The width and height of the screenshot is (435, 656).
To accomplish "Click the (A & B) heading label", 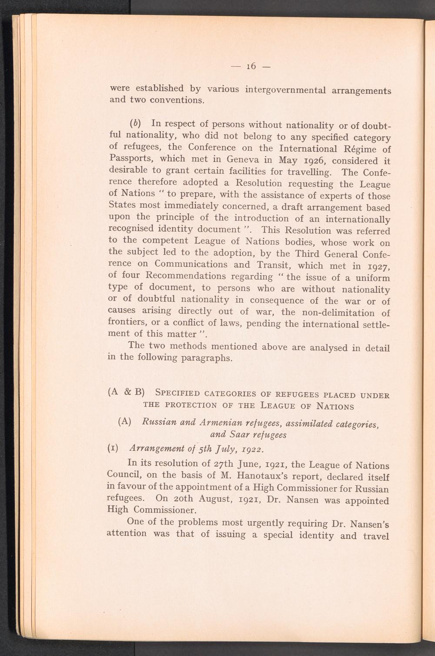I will [x=126, y=393].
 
